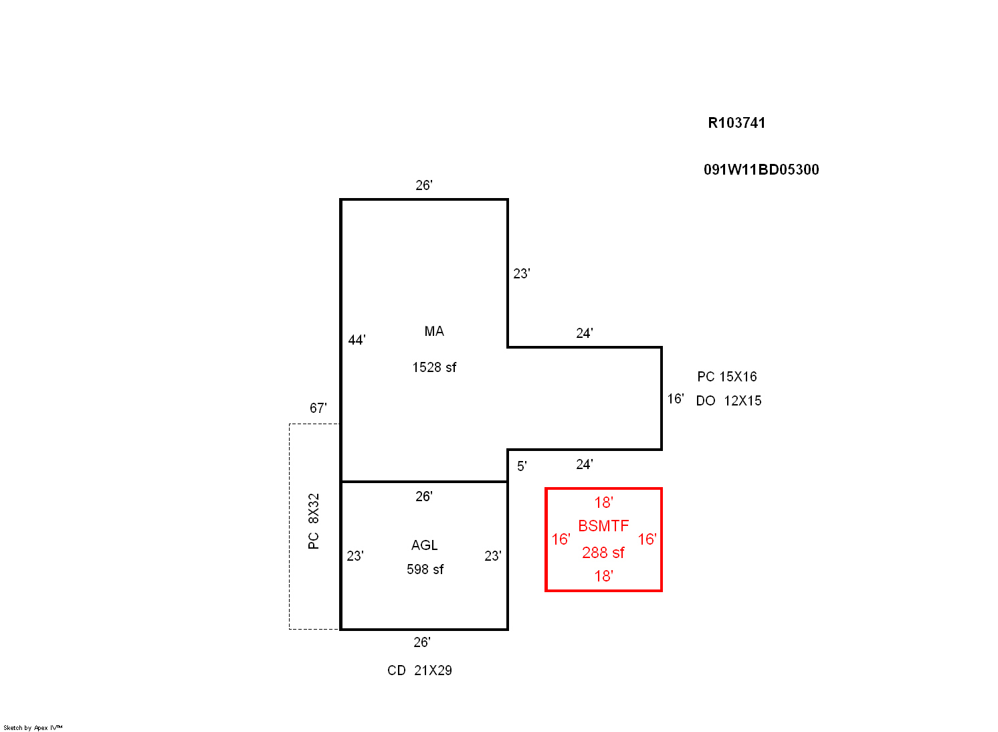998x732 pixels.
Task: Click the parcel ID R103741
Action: (736, 123)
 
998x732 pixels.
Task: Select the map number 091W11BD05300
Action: (761, 170)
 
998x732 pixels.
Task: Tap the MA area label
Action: (434, 331)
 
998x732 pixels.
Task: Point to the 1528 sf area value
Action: (434, 367)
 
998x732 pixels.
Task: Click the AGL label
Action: (424, 545)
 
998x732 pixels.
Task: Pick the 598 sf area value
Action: (425, 569)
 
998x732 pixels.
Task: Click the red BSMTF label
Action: (603, 526)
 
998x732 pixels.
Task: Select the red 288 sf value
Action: (603, 553)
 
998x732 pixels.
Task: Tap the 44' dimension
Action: (357, 340)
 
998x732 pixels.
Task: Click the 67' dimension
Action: (318, 408)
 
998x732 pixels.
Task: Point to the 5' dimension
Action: (522, 466)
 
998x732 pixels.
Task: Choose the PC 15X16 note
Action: (726, 377)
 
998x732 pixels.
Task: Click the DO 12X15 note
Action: (728, 401)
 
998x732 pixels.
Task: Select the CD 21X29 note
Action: (419, 670)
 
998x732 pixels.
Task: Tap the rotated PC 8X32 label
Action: (314, 521)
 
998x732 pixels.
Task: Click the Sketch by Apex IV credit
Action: (33, 728)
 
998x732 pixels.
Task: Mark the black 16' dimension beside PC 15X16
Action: (676, 399)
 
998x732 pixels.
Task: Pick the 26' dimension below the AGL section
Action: (421, 642)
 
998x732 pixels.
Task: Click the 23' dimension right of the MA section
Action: (521, 274)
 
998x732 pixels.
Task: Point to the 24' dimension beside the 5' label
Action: (584, 464)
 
